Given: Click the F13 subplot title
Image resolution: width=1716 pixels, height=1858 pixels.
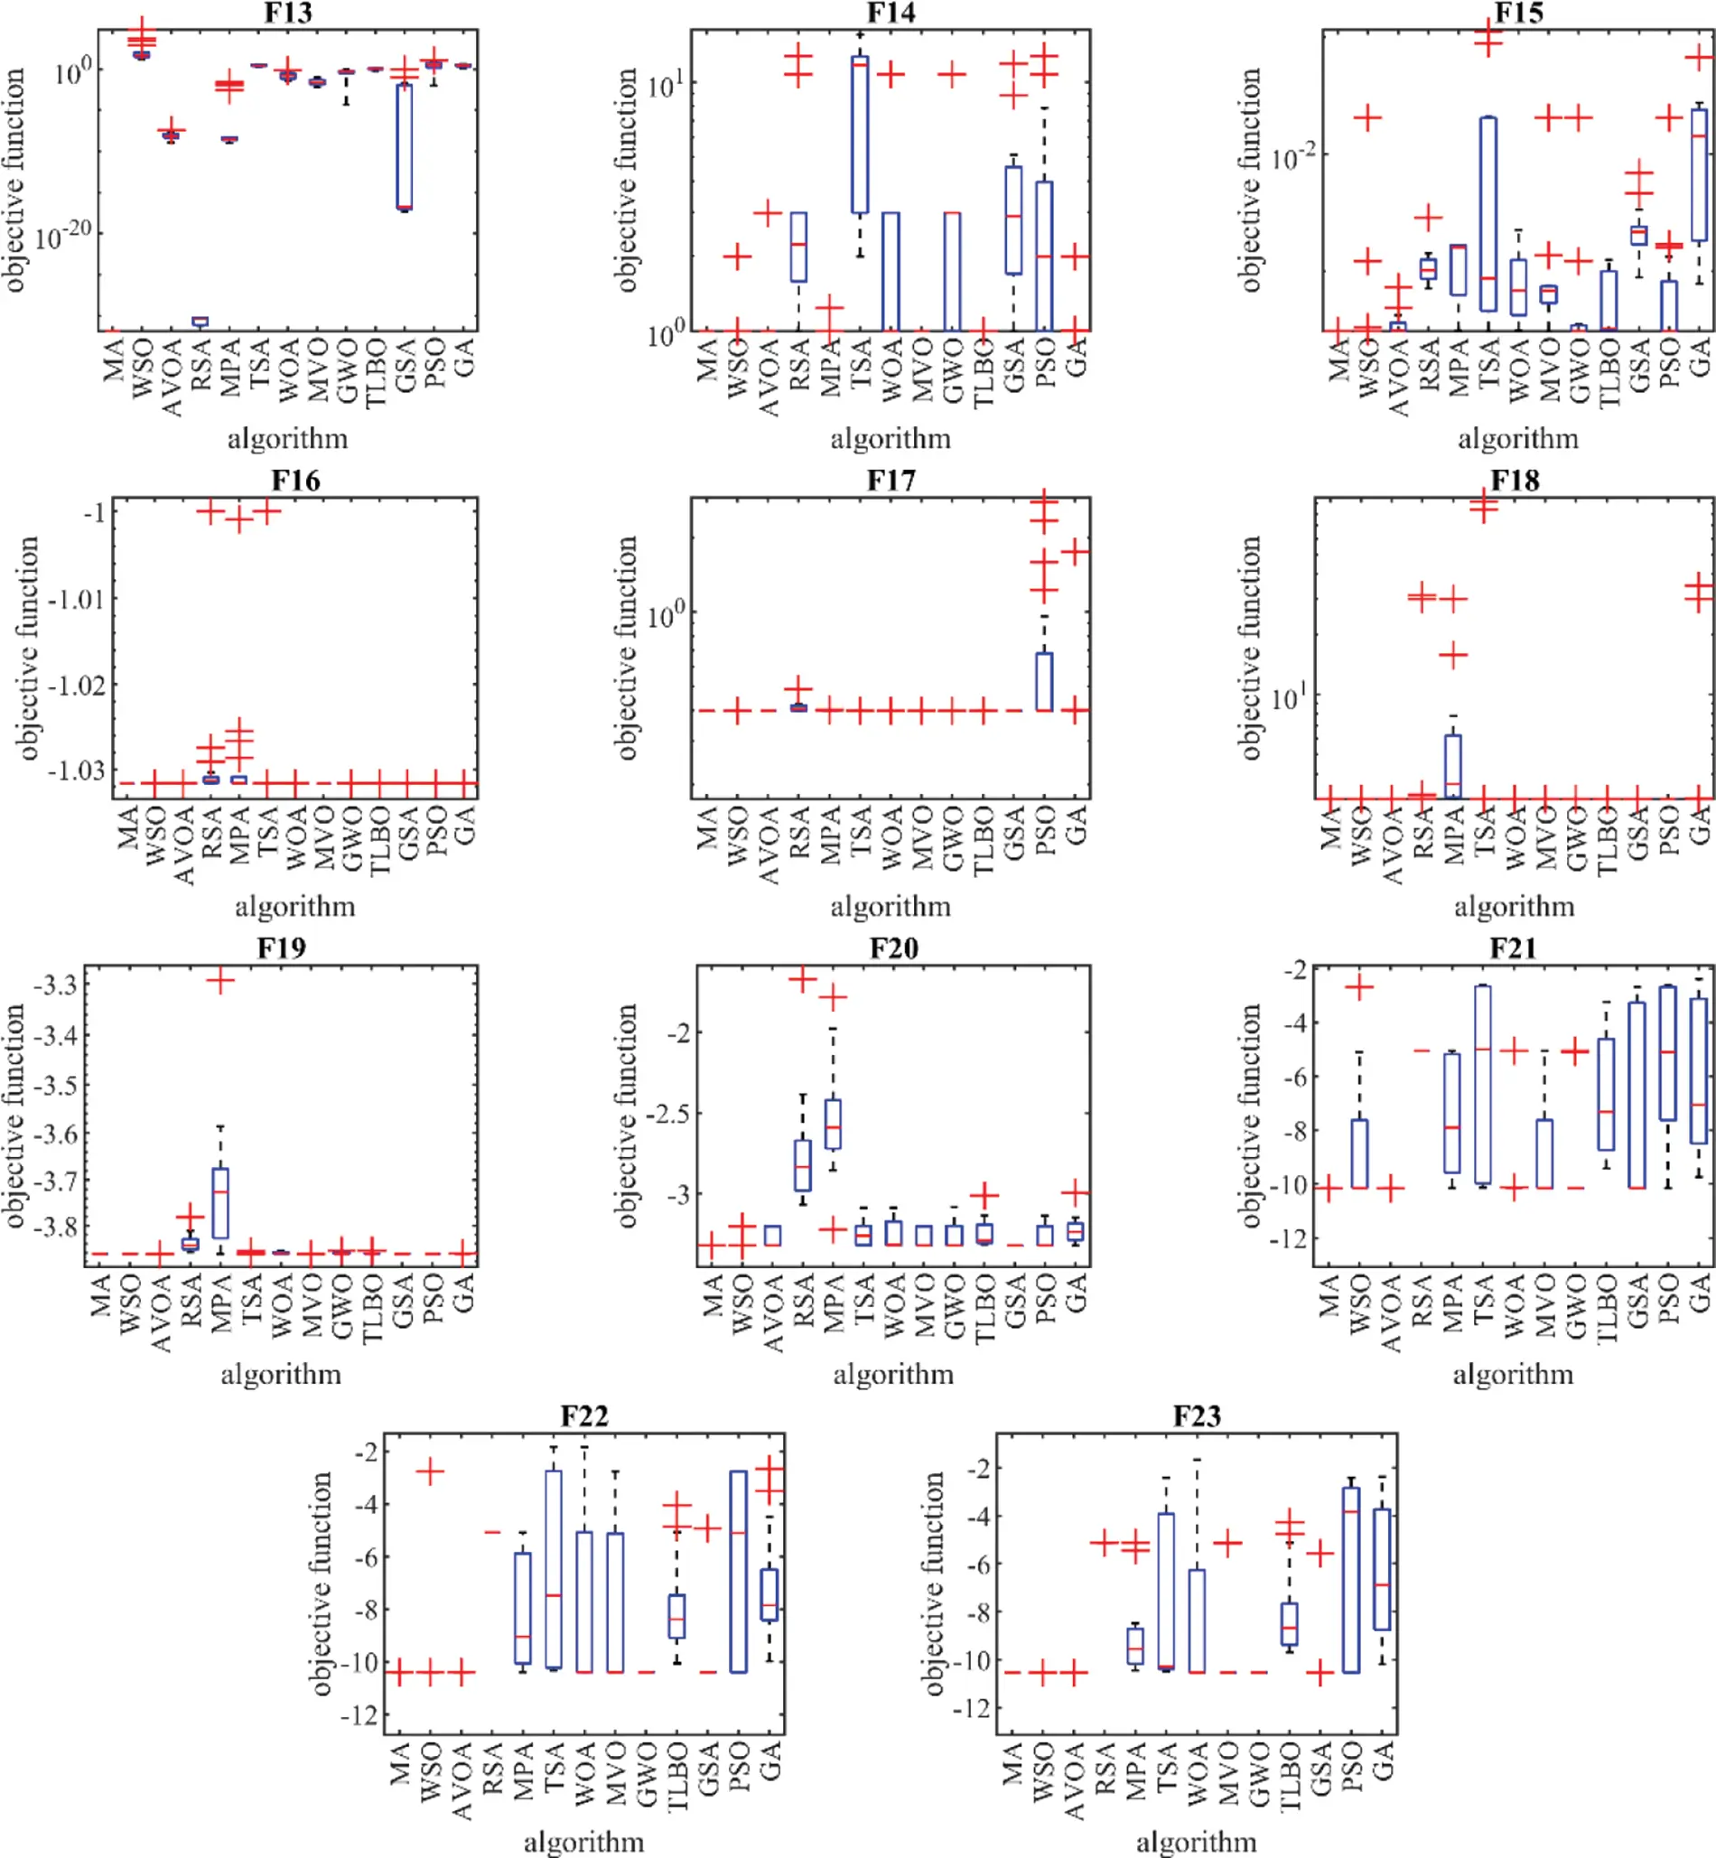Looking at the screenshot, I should [x=288, y=13].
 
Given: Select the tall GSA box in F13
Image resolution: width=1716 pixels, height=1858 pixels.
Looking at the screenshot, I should [x=404, y=146].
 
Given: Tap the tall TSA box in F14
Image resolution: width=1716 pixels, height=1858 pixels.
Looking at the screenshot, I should [x=860, y=135].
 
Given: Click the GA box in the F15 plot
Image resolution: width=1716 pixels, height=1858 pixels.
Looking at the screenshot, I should [x=1699, y=175].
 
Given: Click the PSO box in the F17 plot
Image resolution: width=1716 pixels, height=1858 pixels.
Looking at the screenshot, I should [x=1044, y=682].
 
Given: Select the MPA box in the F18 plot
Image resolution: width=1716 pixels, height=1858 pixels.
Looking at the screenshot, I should [x=1452, y=766].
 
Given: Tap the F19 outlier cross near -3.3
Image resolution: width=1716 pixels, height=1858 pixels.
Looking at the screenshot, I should [x=220, y=981].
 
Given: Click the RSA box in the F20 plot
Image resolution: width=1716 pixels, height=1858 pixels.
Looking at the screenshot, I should [x=802, y=1165].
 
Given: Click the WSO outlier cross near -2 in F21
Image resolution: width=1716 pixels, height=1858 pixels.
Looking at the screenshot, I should [x=1359, y=987].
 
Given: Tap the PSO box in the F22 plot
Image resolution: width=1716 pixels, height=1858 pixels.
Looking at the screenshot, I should [x=738, y=1572].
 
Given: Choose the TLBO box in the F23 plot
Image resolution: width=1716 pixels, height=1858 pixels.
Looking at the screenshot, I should [x=1289, y=1624].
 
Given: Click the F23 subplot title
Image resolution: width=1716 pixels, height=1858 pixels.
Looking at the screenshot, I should [x=1196, y=1416].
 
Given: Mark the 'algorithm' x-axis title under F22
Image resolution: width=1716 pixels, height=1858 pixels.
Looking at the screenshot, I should [x=583, y=1841].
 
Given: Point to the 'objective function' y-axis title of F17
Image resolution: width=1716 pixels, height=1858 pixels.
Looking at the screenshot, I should [x=628, y=648].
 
